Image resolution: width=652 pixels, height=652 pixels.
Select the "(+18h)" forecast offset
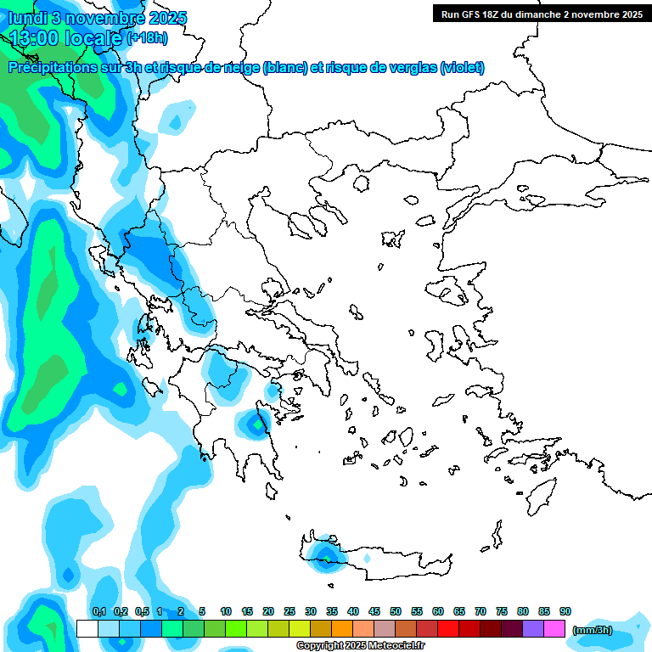(x=147, y=38)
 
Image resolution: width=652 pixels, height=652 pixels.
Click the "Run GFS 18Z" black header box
(x=542, y=14)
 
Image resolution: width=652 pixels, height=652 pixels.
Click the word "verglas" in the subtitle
(x=411, y=68)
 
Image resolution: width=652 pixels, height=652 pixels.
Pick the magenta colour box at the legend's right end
(x=554, y=628)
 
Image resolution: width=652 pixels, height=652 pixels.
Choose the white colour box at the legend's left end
(x=87, y=628)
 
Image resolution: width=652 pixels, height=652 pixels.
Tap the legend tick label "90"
(x=565, y=611)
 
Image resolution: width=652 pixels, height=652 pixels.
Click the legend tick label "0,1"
(x=98, y=611)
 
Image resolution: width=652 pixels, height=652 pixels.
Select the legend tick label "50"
(x=396, y=611)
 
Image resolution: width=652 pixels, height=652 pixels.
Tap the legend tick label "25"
(x=289, y=611)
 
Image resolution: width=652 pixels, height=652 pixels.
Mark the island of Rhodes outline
(x=540, y=497)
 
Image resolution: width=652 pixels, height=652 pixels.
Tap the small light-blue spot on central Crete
(x=367, y=559)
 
